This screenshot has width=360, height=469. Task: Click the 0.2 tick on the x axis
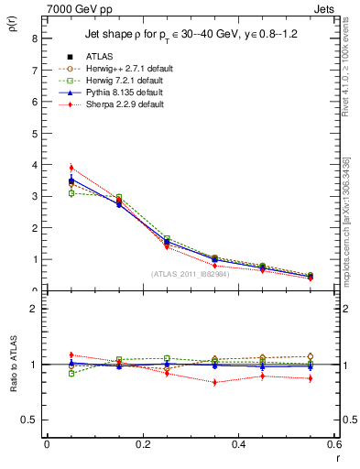pos(142,445)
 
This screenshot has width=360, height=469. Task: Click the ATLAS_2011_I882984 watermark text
pos(191,274)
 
